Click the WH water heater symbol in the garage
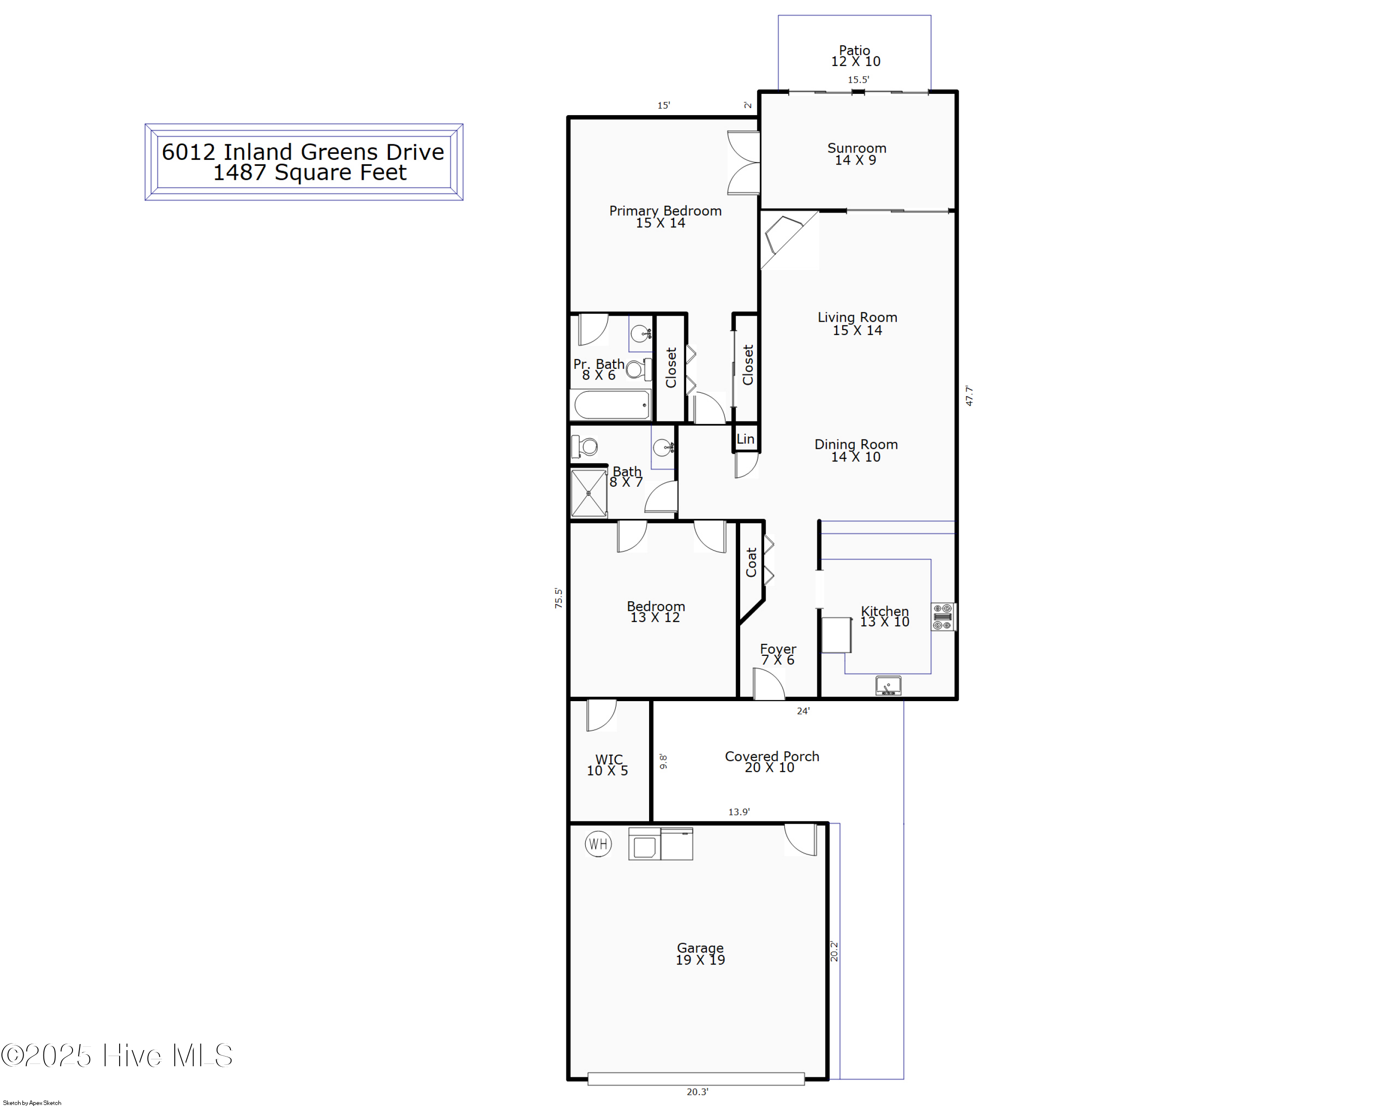click(598, 843)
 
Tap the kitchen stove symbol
click(942, 617)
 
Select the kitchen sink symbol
click(888, 685)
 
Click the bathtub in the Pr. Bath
click(611, 405)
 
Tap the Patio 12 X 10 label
click(855, 56)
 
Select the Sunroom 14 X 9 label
click(856, 154)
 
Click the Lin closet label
click(746, 439)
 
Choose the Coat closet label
click(751, 562)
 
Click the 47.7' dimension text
click(969, 396)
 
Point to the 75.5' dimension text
click(559, 598)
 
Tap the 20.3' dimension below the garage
click(698, 1091)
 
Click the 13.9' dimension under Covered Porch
click(739, 812)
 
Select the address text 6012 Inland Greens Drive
click(303, 152)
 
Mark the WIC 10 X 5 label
click(608, 765)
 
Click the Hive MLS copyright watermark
click(117, 1056)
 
